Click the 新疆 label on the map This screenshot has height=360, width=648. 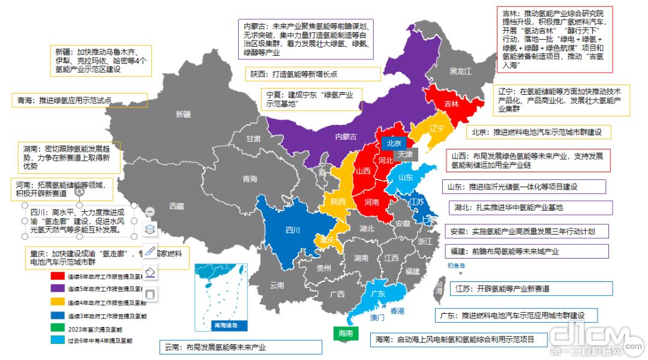tap(183, 114)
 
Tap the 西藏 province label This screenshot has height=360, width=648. tap(176, 206)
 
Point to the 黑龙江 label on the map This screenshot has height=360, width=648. tap(462, 71)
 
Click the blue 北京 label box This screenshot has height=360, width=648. tap(393, 143)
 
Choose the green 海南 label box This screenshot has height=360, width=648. tap(346, 333)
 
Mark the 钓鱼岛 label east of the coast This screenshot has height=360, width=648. tap(458, 265)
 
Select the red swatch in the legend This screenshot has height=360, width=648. tap(58, 277)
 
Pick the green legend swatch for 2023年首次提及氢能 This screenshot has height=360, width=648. tap(58, 328)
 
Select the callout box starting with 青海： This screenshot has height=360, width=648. tap(79, 101)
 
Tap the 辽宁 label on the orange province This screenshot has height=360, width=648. tap(437, 128)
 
